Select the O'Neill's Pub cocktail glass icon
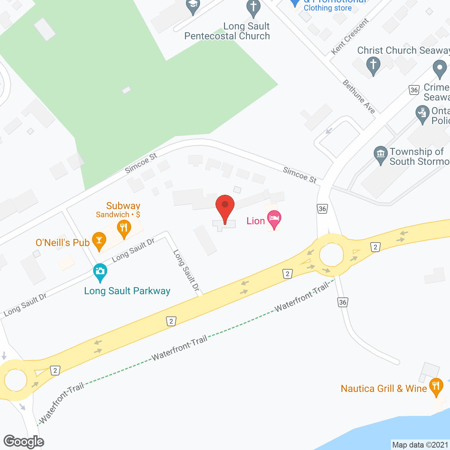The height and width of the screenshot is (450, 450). (99, 241)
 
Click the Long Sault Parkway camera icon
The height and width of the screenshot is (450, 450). (100, 272)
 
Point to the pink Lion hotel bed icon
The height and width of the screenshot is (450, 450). (274, 219)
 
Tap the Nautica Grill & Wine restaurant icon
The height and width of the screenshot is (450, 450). (436, 386)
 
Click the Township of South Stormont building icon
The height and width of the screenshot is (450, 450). (380, 154)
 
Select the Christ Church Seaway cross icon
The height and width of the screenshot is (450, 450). (373, 65)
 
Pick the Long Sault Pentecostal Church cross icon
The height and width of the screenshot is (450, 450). (253, 8)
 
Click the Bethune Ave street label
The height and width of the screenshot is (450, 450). (359, 97)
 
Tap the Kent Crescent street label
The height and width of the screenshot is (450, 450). (350, 37)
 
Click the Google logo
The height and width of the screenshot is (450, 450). (24, 442)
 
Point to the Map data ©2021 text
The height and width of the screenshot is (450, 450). (420, 445)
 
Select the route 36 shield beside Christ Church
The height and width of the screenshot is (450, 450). (414, 90)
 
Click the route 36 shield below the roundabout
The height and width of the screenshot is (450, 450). (343, 302)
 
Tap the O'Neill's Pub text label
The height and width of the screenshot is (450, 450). (63, 243)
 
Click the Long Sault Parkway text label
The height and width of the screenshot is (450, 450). (127, 291)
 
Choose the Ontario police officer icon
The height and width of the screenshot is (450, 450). (422, 113)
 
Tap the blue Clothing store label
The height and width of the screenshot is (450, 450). (328, 8)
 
